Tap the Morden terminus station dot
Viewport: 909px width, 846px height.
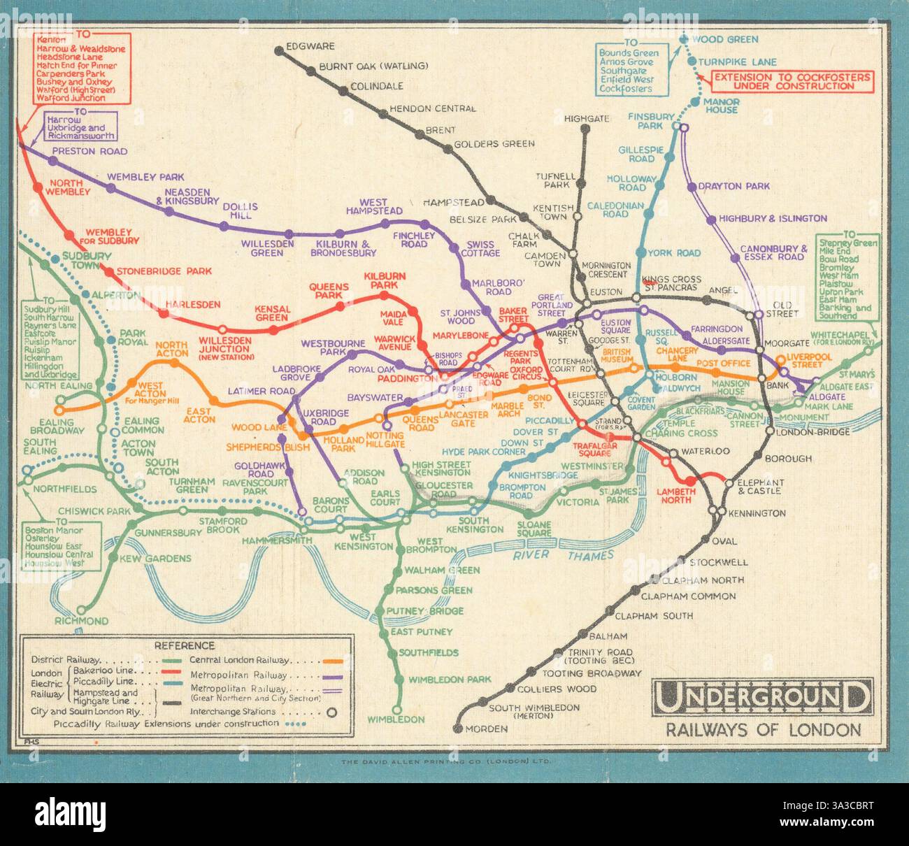[x=459, y=729]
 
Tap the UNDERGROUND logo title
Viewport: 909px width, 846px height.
[x=762, y=697]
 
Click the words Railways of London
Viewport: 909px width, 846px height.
[x=763, y=731]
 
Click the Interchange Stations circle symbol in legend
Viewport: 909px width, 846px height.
[x=332, y=712]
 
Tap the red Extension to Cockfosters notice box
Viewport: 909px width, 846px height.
[x=792, y=81]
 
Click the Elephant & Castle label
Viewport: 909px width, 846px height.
[x=756, y=487]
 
